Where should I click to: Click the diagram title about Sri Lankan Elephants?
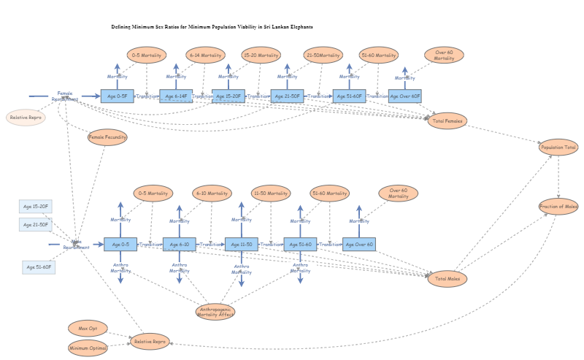[212, 26]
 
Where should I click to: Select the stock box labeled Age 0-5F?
[118, 96]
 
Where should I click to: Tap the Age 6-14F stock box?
[176, 96]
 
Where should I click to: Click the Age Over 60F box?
[404, 96]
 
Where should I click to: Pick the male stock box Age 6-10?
[180, 245]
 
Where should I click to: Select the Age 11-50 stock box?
[241, 245]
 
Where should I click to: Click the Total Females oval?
[447, 120]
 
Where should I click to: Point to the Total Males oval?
[447, 278]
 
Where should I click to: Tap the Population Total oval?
[558, 148]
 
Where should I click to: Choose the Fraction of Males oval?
[558, 207]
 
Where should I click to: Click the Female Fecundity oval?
[107, 137]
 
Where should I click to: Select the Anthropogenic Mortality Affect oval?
[215, 312]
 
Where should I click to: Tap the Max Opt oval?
[88, 329]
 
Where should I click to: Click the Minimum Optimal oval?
[88, 348]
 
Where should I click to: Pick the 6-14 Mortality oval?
[205, 55]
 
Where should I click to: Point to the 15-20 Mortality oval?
[261, 55]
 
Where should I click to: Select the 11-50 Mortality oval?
[270, 194]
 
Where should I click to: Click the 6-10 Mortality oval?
[212, 194]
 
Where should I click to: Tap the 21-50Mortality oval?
[323, 55]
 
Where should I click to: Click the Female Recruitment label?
[65, 96]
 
